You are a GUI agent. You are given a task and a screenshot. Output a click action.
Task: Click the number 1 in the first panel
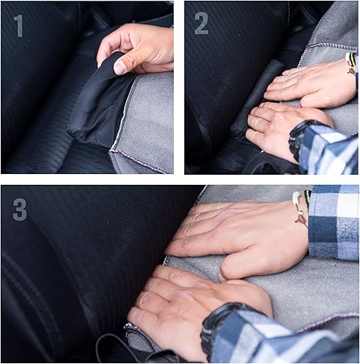point(19,25)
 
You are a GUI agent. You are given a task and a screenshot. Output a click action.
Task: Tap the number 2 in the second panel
point(201,24)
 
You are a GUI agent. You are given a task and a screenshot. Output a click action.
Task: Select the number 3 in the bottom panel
point(20,209)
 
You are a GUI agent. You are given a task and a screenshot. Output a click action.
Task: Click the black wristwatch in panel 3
point(217,328)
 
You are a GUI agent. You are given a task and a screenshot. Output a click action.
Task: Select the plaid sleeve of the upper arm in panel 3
point(334,222)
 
